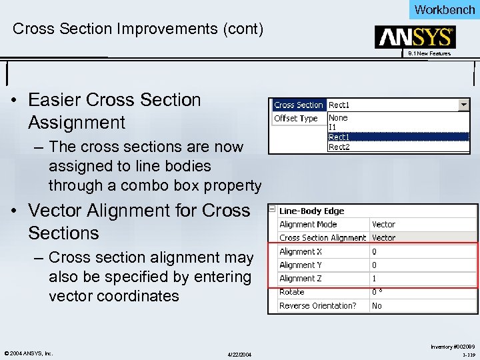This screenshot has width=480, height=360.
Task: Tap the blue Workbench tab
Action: coord(444,9)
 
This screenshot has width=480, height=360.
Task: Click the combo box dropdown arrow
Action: coord(464,105)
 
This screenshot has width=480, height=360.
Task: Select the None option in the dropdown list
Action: coord(338,118)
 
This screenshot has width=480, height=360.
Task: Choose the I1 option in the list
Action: coord(333,127)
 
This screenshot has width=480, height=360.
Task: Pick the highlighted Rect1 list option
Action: coord(339,137)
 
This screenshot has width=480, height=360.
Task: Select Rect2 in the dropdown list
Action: coord(339,147)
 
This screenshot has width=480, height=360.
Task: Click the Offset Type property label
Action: coord(296,119)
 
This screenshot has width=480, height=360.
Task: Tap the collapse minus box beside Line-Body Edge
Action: coord(272,209)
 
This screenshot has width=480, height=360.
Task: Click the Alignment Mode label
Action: coord(308,225)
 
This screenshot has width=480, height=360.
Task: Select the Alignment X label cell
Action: coord(301,252)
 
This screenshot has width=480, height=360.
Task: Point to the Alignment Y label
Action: coord(301,265)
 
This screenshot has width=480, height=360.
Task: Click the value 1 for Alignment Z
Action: coord(374,279)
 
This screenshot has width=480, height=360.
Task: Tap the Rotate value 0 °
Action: coord(377,292)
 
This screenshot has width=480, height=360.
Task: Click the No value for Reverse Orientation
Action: coord(377,306)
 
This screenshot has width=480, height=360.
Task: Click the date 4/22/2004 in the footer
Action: coord(240,353)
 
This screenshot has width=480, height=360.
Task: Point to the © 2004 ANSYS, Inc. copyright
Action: coord(29,353)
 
